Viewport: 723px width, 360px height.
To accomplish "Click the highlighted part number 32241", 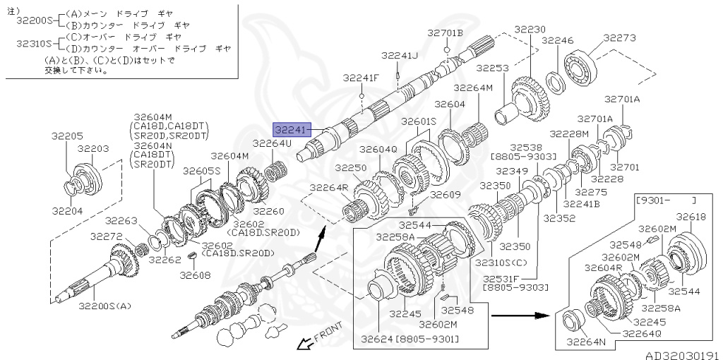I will [292, 130].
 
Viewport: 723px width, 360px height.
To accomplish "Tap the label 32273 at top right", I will [619, 38].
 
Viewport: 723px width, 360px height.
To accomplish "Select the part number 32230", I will [530, 30].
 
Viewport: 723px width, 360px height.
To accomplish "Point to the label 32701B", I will [445, 32].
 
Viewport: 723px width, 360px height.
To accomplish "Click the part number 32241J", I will [400, 55].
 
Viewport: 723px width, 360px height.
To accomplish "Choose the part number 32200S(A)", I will [104, 306].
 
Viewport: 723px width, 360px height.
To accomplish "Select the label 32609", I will [445, 194].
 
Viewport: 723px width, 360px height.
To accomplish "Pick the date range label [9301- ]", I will [666, 200].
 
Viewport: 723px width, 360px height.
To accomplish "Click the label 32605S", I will [201, 171].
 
